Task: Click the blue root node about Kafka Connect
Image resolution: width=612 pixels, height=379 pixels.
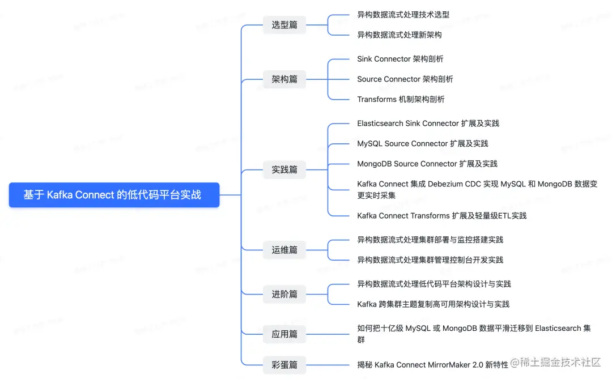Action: coord(114,195)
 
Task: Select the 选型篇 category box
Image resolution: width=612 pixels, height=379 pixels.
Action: coord(284,25)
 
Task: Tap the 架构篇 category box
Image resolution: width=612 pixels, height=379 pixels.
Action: coord(284,79)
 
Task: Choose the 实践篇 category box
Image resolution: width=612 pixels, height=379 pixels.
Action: coord(284,169)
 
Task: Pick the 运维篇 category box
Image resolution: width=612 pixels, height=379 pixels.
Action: coord(284,250)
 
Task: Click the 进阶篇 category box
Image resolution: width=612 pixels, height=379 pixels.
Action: coord(284,294)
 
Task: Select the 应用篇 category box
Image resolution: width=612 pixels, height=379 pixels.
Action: coord(284,334)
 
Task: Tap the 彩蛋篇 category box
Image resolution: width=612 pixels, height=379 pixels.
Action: coord(284,365)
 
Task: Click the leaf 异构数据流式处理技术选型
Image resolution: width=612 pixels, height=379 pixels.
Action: coord(403,15)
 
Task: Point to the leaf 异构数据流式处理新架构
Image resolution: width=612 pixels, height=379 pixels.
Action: coord(399,35)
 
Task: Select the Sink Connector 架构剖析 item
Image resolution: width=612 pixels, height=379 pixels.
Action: coord(400,59)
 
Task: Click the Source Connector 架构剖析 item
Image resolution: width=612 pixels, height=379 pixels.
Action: coord(405,79)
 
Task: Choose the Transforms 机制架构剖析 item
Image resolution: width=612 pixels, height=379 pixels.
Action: coord(401,100)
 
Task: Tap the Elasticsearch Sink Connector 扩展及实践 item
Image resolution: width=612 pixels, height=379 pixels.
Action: coord(428,124)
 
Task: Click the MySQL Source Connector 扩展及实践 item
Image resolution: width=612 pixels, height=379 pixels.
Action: coord(422,144)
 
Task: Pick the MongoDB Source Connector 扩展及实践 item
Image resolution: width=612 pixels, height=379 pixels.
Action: coord(427,164)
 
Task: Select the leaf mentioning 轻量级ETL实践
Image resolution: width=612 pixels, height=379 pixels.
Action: coord(441,216)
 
